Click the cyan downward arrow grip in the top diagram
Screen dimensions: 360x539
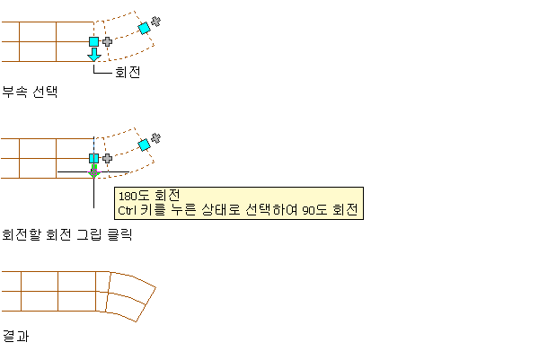(x=93, y=55)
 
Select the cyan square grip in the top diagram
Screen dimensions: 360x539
(x=93, y=41)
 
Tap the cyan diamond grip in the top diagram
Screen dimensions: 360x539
(x=144, y=28)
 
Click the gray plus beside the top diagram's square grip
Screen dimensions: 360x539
(x=107, y=41)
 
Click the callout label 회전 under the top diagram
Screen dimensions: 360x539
(x=127, y=72)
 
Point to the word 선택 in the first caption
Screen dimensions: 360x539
(x=45, y=91)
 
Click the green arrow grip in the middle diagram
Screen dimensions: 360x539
(x=93, y=170)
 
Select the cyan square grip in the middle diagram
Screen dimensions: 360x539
(x=93, y=158)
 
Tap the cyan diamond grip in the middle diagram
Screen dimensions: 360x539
(x=144, y=145)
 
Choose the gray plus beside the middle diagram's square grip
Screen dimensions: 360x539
(x=107, y=158)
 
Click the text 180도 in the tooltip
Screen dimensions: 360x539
(x=135, y=196)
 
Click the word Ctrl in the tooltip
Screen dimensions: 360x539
(x=128, y=210)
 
